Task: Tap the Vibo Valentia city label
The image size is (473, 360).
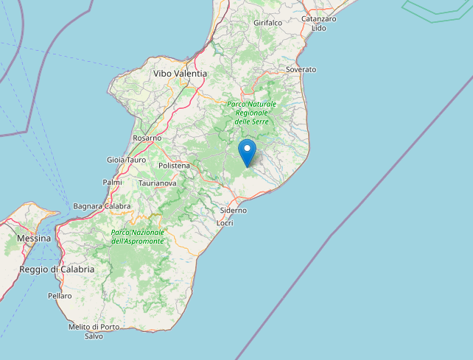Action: pyautogui.click(x=180, y=74)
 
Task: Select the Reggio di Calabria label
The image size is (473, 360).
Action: pyautogui.click(x=57, y=269)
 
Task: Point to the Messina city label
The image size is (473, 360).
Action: pyautogui.click(x=33, y=239)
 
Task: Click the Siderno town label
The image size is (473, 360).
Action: pyautogui.click(x=234, y=210)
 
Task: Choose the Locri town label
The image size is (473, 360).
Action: pyautogui.click(x=225, y=222)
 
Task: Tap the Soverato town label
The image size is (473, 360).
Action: pyautogui.click(x=301, y=69)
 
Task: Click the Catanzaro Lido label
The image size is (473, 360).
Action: pyautogui.click(x=318, y=23)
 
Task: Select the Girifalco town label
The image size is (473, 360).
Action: pyautogui.click(x=267, y=23)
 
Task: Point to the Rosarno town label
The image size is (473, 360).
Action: pyautogui.click(x=147, y=138)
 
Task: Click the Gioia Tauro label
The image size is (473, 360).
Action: pyautogui.click(x=126, y=160)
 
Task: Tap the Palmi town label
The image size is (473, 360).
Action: pyautogui.click(x=112, y=182)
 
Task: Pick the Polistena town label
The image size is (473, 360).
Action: pyautogui.click(x=174, y=166)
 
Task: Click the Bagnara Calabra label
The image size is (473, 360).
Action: pyautogui.click(x=102, y=206)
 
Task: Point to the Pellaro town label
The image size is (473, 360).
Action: pyautogui.click(x=60, y=296)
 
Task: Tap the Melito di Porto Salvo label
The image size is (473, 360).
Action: pyautogui.click(x=94, y=331)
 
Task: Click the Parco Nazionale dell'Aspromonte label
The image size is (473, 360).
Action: pyautogui.click(x=138, y=236)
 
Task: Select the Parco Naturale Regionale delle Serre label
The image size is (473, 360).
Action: pyautogui.click(x=251, y=112)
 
